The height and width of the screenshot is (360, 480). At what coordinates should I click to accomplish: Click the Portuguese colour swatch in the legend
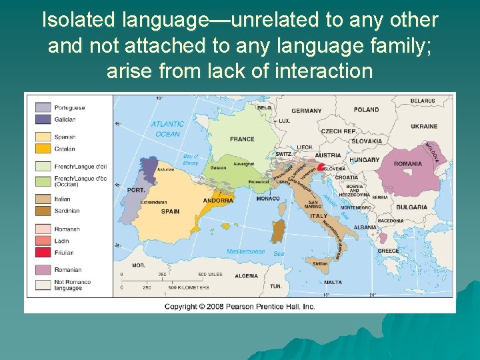click(x=43, y=107)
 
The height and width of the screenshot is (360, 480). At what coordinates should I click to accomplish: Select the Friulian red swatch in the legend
click(x=43, y=252)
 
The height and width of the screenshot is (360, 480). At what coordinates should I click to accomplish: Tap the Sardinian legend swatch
click(x=43, y=211)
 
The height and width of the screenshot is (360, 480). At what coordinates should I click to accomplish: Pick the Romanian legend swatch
click(x=43, y=270)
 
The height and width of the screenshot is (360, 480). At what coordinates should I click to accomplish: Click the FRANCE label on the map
click(x=242, y=139)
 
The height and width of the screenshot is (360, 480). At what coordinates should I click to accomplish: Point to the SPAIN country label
click(x=170, y=211)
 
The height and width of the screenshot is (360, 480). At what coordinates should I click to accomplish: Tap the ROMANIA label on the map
click(x=407, y=164)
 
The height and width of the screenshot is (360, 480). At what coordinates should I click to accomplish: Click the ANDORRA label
click(x=218, y=200)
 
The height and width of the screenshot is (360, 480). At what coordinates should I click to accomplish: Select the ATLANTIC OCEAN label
click(x=167, y=129)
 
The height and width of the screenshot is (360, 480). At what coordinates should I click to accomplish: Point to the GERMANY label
click(x=306, y=111)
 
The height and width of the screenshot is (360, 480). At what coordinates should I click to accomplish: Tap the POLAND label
click(x=366, y=110)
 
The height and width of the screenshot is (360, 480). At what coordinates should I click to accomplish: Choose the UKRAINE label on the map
click(x=424, y=126)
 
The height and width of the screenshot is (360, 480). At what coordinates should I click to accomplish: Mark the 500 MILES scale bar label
click(x=210, y=275)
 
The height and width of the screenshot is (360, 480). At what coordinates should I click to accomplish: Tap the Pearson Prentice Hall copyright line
click(x=239, y=307)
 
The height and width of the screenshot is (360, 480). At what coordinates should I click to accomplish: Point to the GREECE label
click(x=388, y=251)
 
